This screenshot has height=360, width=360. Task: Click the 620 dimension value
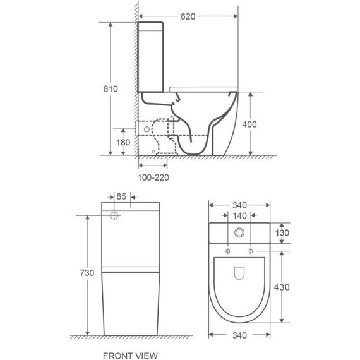click(x=188, y=16)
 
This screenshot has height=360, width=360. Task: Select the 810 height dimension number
click(x=111, y=88)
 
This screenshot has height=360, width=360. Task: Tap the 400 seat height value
click(x=249, y=124)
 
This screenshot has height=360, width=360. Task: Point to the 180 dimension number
click(x=123, y=143)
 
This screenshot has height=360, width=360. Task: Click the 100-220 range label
click(x=153, y=177)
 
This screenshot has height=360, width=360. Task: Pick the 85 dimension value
click(x=121, y=196)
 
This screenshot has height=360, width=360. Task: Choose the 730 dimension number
click(x=87, y=273)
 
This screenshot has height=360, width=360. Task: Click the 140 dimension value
click(x=239, y=216)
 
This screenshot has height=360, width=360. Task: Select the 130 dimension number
click(x=282, y=233)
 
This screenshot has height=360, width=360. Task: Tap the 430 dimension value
click(x=282, y=287)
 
